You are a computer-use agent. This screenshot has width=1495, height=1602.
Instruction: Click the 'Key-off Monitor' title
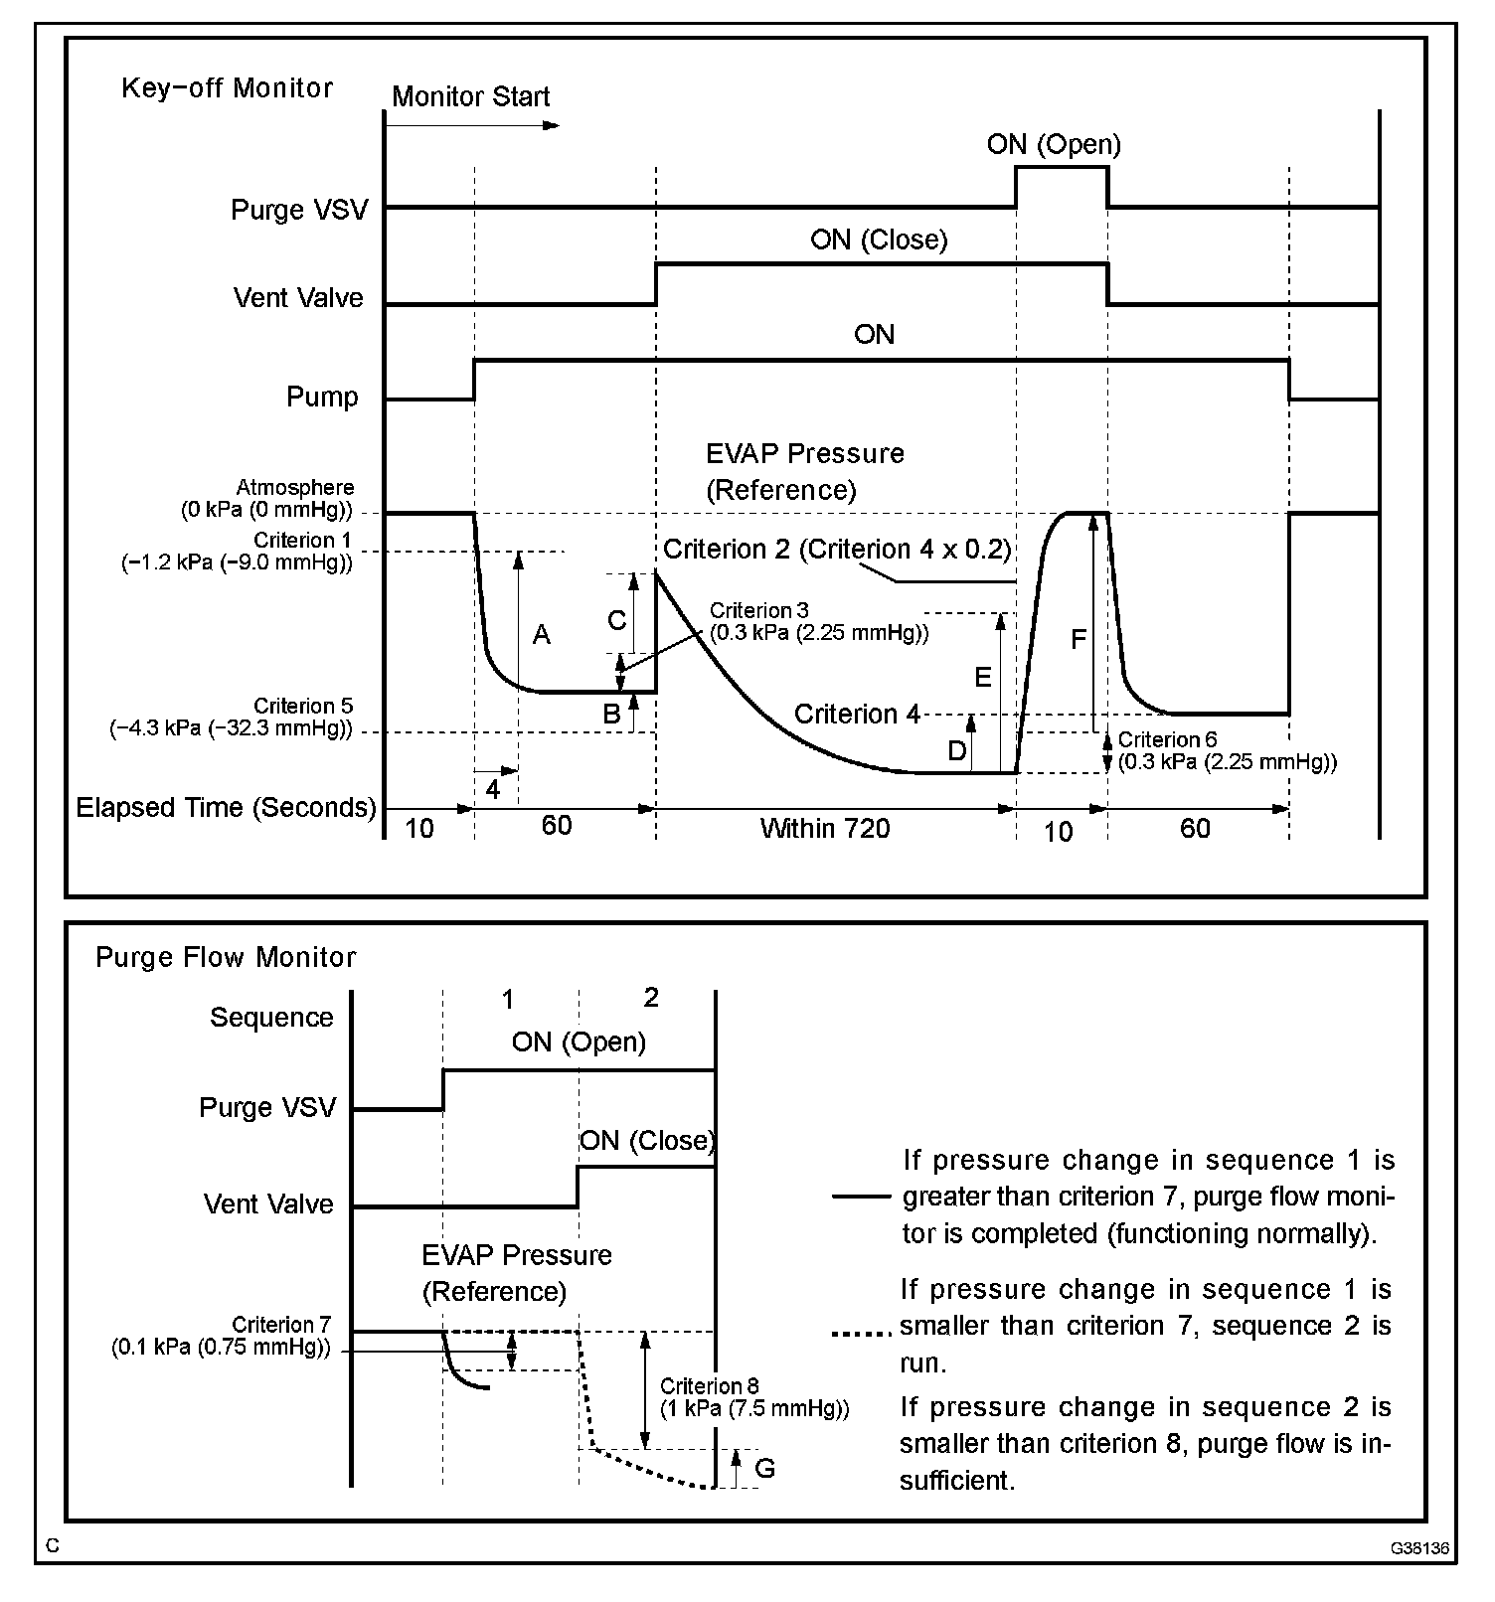(x=227, y=88)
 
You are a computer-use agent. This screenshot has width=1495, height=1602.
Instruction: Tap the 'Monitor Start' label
(x=470, y=97)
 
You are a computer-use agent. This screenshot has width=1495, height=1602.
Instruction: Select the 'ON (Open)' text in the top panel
(x=1054, y=145)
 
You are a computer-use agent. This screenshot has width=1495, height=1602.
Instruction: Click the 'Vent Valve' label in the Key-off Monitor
(x=298, y=298)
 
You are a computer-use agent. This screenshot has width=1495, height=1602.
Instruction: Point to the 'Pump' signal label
(x=322, y=398)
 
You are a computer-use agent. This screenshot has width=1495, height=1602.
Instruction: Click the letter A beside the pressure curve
(x=541, y=635)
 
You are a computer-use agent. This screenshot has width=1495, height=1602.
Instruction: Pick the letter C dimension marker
(x=616, y=620)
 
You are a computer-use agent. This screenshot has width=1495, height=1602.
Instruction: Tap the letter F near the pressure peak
(x=1079, y=640)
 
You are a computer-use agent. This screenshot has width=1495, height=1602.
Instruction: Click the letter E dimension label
(x=982, y=678)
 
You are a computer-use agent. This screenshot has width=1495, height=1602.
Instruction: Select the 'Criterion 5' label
(x=303, y=707)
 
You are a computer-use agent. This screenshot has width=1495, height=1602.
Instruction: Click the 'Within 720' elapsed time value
(x=825, y=829)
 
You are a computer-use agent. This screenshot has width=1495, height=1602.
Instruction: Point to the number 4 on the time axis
(x=493, y=790)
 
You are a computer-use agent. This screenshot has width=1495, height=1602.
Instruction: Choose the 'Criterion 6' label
(x=1167, y=740)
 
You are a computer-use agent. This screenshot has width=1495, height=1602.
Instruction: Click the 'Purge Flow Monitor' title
(x=226, y=958)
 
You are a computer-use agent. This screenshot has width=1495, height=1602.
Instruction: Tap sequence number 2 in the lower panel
(x=651, y=998)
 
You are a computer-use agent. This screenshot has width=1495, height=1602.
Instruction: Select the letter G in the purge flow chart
(x=764, y=1468)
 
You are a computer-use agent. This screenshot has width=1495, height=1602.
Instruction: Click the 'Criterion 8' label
(x=701, y=1386)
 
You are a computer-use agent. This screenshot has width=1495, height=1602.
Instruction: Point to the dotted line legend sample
(x=860, y=1334)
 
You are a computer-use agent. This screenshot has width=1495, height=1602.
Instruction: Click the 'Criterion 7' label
(x=280, y=1326)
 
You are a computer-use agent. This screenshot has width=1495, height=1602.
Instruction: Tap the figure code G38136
(x=1419, y=1548)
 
